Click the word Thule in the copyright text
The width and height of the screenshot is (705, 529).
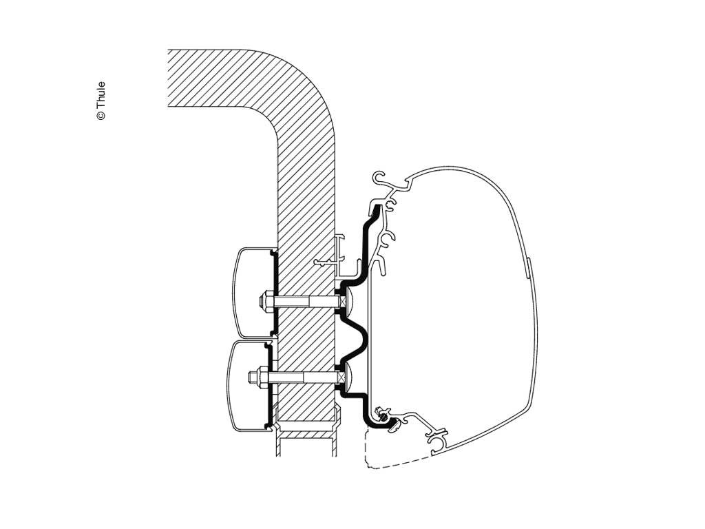pyautogui.click(x=101, y=94)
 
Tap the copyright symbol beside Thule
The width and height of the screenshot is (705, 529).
pyautogui.click(x=101, y=116)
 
